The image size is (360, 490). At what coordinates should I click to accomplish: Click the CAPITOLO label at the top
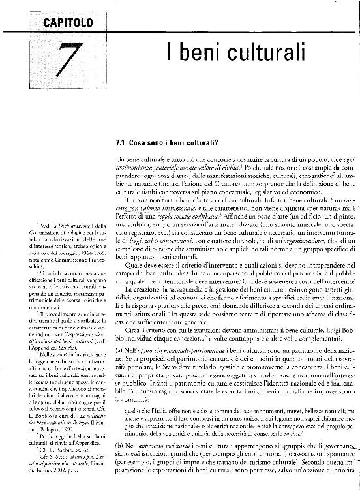click(68, 24)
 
